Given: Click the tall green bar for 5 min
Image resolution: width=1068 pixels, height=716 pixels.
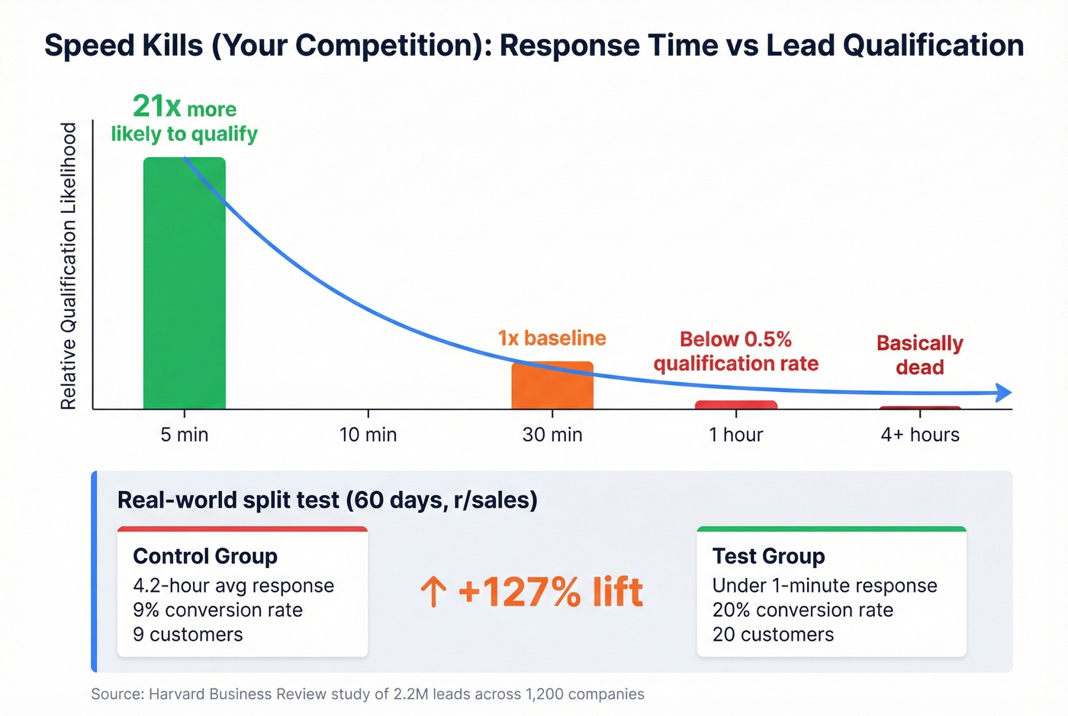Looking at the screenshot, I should [185, 290].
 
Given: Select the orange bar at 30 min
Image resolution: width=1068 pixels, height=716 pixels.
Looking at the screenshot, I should [552, 387].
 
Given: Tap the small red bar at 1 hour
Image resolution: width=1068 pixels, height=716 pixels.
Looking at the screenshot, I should [736, 405].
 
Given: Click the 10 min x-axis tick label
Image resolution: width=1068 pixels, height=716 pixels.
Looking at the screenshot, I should [368, 435].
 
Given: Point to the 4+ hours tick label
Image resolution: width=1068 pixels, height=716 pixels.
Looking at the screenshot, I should [920, 435].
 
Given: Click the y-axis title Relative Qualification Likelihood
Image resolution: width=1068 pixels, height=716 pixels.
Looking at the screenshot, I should [69, 266].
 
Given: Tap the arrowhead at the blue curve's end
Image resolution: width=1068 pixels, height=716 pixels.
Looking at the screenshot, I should [1005, 393].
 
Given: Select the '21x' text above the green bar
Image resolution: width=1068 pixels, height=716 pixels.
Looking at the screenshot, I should [156, 106].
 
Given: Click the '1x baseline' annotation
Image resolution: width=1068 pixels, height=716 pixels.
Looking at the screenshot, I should [552, 338].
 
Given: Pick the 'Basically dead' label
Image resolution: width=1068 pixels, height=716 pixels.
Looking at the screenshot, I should [920, 355].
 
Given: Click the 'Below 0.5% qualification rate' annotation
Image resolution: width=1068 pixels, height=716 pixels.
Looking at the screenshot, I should [736, 352].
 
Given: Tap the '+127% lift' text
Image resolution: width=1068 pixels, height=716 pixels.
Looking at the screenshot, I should [550, 592].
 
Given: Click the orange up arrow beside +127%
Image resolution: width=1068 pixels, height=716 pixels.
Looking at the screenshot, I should [433, 592].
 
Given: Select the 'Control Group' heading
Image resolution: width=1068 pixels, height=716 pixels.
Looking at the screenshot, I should [204, 557].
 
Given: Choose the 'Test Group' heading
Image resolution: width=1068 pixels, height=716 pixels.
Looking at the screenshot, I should [768, 557].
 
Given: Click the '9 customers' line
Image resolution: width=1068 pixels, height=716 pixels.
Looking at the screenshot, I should [188, 634].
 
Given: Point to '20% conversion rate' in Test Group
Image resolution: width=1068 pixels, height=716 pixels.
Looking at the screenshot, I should [803, 610].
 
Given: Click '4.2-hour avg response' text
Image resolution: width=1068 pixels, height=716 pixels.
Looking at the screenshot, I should [233, 586].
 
